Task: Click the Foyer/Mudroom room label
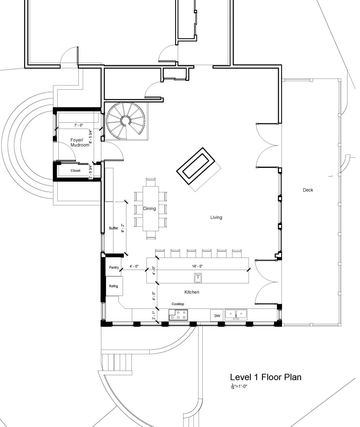(80, 142)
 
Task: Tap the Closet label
(76, 170)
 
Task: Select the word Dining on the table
(149, 209)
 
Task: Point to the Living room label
(216, 217)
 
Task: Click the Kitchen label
(191, 292)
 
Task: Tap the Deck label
(308, 190)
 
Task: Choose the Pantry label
(114, 267)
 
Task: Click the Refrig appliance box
(114, 286)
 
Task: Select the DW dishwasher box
(217, 316)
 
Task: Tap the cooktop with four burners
(179, 315)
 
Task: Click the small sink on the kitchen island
(198, 277)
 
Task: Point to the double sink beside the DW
(236, 314)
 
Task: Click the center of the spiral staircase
(126, 121)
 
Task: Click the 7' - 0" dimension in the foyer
(79, 125)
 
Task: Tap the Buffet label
(113, 228)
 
